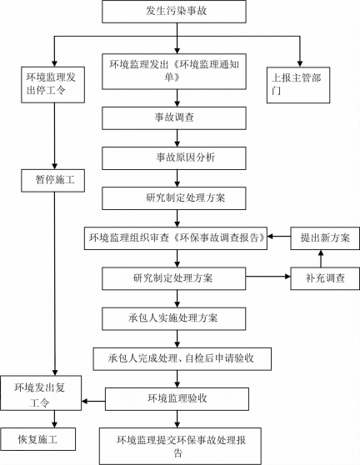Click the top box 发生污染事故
(x=174, y=12)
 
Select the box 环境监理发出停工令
(x=52, y=85)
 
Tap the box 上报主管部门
(x=298, y=85)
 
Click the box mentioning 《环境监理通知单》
(x=174, y=72)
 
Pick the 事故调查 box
(x=174, y=118)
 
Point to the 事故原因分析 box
(x=174, y=158)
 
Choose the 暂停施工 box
(x=52, y=181)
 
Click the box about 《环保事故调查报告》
(x=176, y=238)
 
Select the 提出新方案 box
(x=325, y=238)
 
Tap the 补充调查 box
(x=325, y=278)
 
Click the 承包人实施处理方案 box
(x=174, y=319)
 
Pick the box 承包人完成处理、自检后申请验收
(x=182, y=359)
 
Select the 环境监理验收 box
(x=177, y=399)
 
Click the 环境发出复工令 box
(x=41, y=393)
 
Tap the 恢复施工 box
(x=38, y=439)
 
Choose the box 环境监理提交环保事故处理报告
(x=180, y=446)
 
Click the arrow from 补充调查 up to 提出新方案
(x=321, y=258)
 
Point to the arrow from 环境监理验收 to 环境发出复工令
(x=93, y=402)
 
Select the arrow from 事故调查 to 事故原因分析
(x=177, y=138)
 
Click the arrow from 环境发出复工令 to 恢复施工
(x=54, y=419)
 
